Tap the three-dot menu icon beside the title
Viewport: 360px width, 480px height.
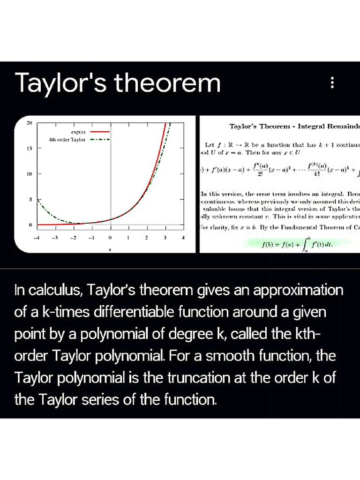(332, 83)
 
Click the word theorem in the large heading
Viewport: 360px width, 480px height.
(168, 83)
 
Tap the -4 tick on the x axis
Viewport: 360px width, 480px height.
(38, 238)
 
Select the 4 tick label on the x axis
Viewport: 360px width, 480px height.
(183, 238)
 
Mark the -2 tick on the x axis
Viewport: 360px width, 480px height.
(74, 238)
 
